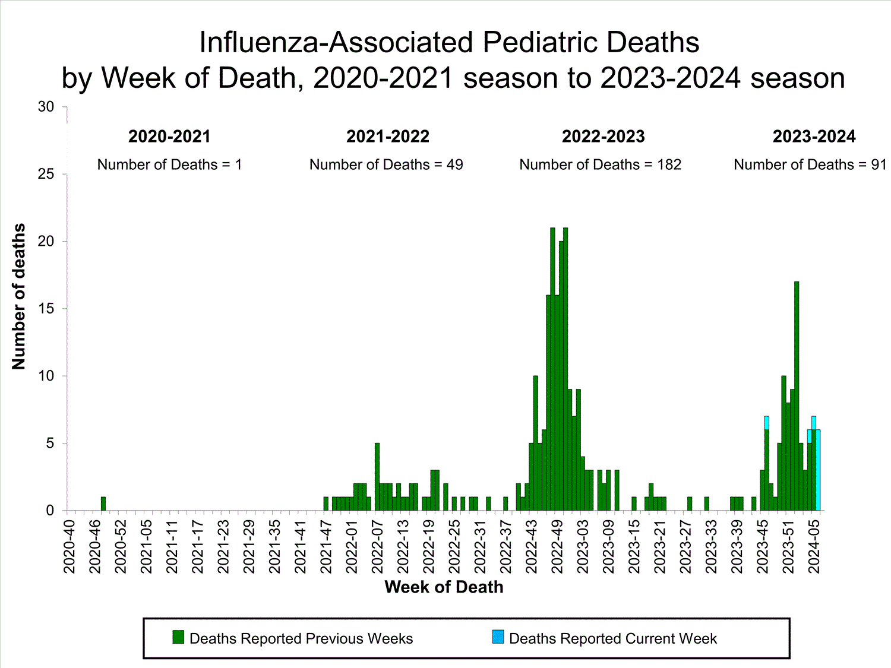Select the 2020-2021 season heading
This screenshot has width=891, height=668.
coord(169,137)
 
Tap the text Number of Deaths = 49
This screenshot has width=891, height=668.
coord(386,164)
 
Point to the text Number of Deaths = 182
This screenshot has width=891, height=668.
coord(600,164)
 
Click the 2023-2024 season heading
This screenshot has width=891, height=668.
coord(814,137)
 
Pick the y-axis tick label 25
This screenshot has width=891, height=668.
coord(46,174)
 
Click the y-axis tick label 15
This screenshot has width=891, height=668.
coord(46,309)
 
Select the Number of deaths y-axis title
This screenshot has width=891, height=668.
coord(19,296)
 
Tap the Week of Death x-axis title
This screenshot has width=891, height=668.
coord(444,587)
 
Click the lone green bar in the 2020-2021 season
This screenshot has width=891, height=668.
coord(103,504)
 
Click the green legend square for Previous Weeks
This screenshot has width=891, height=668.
coord(178,637)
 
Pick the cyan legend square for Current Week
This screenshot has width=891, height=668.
coord(498,637)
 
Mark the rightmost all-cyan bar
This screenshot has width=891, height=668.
coord(818,470)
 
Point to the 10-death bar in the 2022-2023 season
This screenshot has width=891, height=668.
coord(536,443)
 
